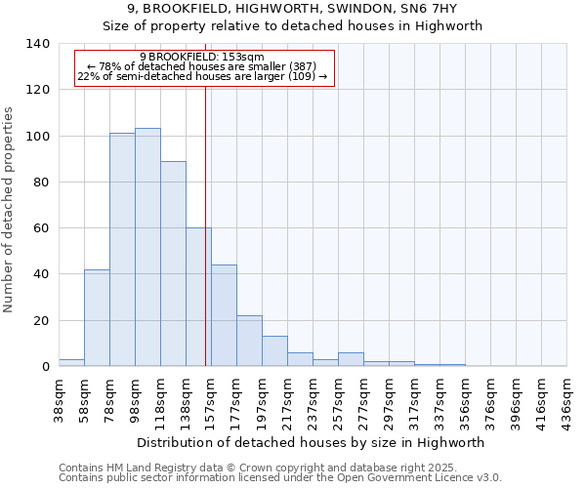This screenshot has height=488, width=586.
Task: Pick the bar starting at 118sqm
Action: pyautogui.click(x=173, y=264)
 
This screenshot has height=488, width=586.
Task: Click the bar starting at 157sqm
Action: pyautogui.click(x=224, y=315)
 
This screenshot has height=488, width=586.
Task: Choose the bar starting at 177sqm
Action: pyautogui.click(x=249, y=341)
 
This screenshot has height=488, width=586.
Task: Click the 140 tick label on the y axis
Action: pyautogui.click(x=37, y=44)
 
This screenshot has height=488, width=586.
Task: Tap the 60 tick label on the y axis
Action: pyautogui.click(x=41, y=228)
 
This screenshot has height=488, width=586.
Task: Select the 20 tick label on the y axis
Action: pyautogui.click(x=41, y=320)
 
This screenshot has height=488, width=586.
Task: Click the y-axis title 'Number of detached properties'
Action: pyautogui.click(x=10, y=209)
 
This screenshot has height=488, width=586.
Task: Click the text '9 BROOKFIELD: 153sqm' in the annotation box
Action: pyautogui.click(x=202, y=58)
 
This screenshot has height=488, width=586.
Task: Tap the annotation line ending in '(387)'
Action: pyautogui.click(x=202, y=66)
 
